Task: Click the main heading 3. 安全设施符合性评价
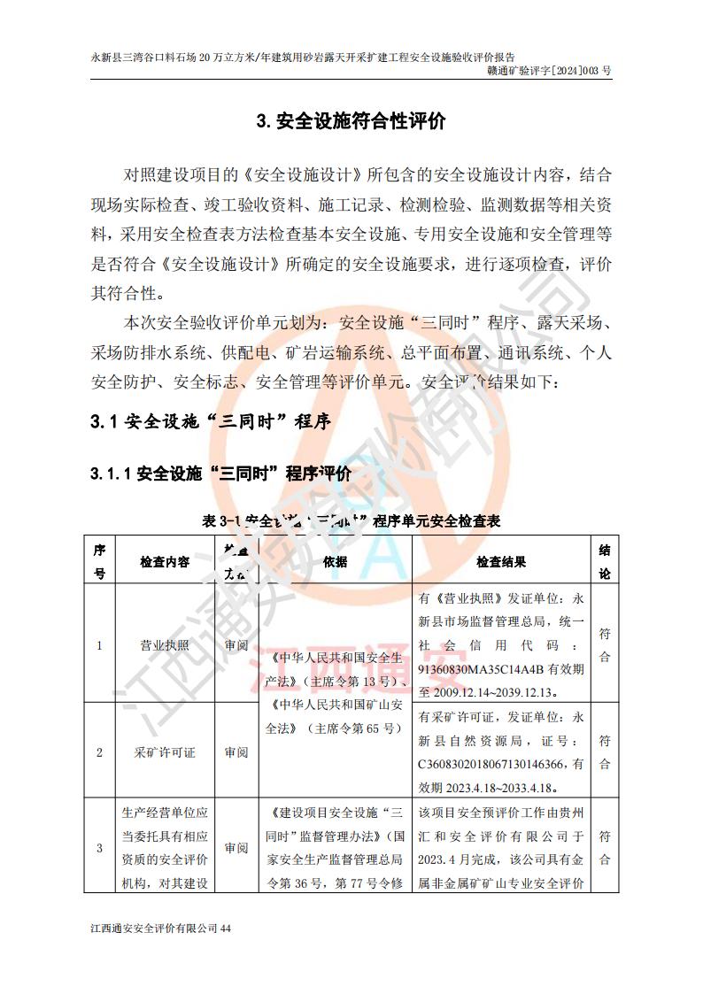pyautogui.click(x=351, y=121)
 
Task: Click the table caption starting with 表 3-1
pyautogui.click(x=351, y=521)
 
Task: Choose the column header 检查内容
pyautogui.click(x=165, y=562)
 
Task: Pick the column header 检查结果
pyautogui.click(x=501, y=562)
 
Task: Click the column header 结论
pyautogui.click(x=604, y=561)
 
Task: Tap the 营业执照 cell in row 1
pyautogui.click(x=165, y=645)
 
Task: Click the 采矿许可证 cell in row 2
pyautogui.click(x=165, y=752)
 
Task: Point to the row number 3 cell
pyautogui.click(x=99, y=848)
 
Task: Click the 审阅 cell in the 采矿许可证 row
pyautogui.click(x=236, y=752)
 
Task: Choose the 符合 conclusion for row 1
pyautogui.click(x=604, y=645)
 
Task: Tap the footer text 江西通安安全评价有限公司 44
pyautogui.click(x=160, y=929)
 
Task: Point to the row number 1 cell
pyautogui.click(x=99, y=645)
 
